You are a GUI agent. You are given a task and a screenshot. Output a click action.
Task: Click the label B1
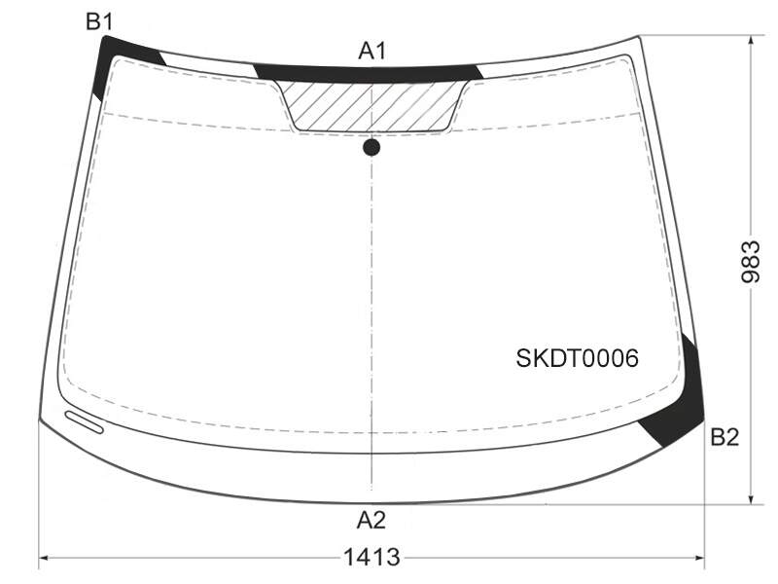tap(100, 21)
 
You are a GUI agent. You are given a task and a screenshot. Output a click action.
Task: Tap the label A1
tap(372, 51)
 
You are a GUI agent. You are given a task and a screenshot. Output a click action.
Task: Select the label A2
tap(371, 520)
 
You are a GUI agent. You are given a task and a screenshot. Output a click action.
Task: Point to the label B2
tap(725, 437)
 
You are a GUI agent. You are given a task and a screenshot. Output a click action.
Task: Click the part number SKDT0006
tap(577, 358)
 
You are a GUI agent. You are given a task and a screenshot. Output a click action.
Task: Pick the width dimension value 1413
tap(371, 557)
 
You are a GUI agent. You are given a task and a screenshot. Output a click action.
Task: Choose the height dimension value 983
tap(750, 262)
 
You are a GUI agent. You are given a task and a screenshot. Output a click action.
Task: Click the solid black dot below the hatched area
tap(371, 148)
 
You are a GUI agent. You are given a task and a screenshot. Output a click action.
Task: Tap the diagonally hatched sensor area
tap(371, 106)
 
